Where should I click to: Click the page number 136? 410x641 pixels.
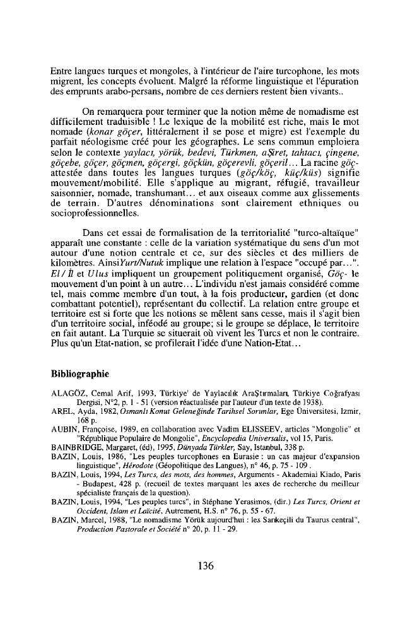[x=204, y=565]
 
